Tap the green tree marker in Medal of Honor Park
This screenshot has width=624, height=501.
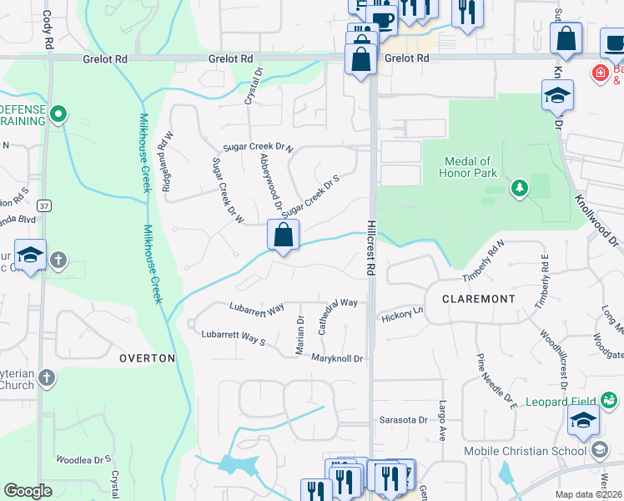[x=520, y=188]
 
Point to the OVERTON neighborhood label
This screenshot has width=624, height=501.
[x=147, y=358]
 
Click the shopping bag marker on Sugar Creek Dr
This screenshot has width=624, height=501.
[x=284, y=235]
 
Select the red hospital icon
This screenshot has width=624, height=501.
[x=599, y=73]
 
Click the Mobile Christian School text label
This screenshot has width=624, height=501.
[x=526, y=452]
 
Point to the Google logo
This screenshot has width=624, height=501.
[x=28, y=491]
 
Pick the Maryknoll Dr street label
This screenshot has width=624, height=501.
[x=337, y=359]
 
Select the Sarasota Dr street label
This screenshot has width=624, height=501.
[x=404, y=419]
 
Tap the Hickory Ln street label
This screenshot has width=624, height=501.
[x=403, y=317]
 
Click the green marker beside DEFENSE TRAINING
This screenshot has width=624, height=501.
[x=58, y=113]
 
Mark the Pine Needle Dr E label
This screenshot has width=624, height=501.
[x=497, y=383]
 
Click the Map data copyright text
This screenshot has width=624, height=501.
[x=589, y=494]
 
